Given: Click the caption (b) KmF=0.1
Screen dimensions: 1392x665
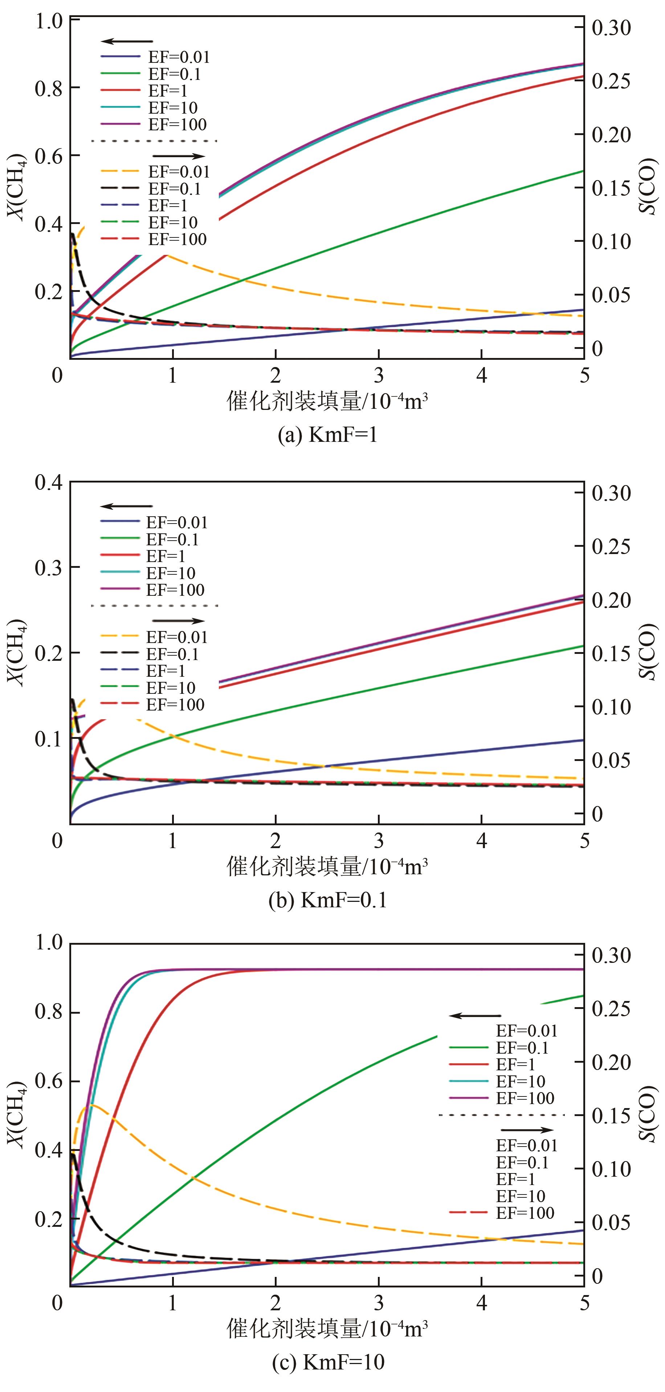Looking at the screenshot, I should (x=327, y=900).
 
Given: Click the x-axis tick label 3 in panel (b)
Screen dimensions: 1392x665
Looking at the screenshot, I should (x=379, y=841).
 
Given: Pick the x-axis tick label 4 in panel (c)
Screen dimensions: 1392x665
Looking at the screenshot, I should (x=481, y=1304).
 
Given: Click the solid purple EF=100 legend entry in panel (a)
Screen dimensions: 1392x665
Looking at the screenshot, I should (x=154, y=124).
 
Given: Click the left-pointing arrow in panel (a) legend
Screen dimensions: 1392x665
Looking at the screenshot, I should (x=127, y=41).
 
